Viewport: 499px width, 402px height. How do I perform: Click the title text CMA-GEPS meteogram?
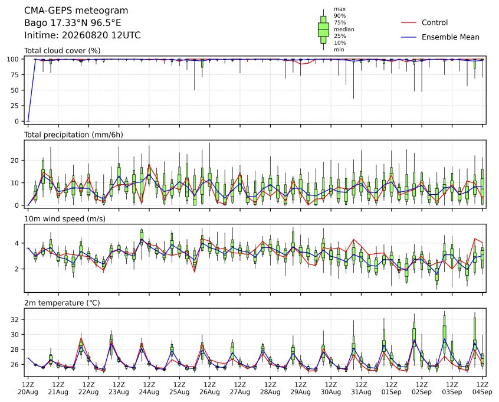[76, 11]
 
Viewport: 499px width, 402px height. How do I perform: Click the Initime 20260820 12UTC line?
[83, 35]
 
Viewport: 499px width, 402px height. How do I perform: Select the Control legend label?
[434, 22]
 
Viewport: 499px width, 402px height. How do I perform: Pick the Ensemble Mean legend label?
[450, 37]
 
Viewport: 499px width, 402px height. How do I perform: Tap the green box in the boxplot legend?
[323, 30]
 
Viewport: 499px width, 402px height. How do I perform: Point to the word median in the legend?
[344, 30]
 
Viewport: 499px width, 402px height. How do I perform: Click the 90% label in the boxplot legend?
[340, 15]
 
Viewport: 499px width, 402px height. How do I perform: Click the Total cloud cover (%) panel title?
[63, 51]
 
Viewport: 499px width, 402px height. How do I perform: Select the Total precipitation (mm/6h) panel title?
[74, 135]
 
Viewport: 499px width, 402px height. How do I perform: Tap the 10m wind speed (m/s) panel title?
[65, 219]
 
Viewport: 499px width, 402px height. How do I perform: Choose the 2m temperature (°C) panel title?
[62, 303]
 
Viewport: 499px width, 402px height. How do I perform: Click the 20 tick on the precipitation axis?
[15, 160]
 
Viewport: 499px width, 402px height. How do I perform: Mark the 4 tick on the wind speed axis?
[17, 243]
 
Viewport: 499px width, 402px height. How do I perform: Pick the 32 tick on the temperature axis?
[15, 319]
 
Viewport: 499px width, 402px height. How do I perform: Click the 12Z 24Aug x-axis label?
[149, 388]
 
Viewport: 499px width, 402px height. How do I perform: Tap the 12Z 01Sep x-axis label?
[392, 388]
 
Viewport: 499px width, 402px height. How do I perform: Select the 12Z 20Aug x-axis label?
[28, 388]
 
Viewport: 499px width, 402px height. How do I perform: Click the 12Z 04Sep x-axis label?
[482, 388]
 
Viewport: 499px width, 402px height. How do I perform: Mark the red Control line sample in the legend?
[409, 22]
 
